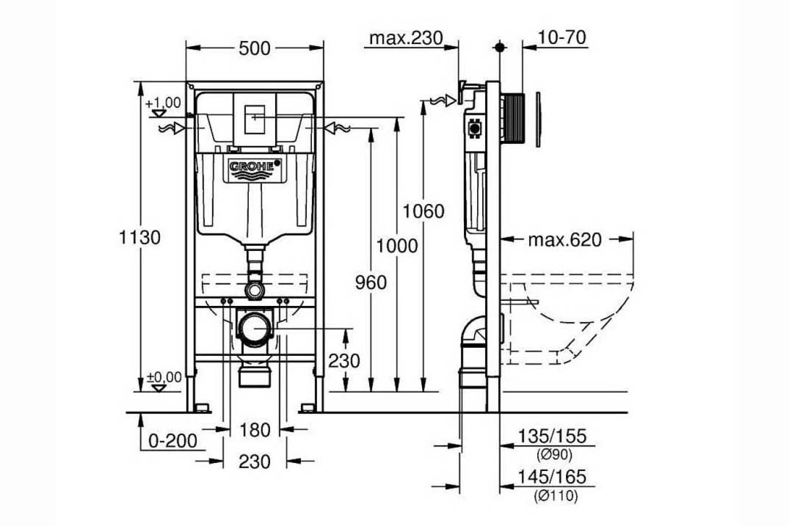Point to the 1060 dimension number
tap(424, 212)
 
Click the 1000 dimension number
tap(397, 245)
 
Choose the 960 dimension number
tap(370, 282)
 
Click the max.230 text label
tap(406, 37)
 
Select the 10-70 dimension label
tap(561, 37)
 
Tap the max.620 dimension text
tap(564, 240)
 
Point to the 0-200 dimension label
tap(173, 440)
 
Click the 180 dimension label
tap(255, 430)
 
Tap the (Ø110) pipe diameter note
tap(556, 496)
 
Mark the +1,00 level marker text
tap(163, 103)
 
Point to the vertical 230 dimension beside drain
tap(344, 361)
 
